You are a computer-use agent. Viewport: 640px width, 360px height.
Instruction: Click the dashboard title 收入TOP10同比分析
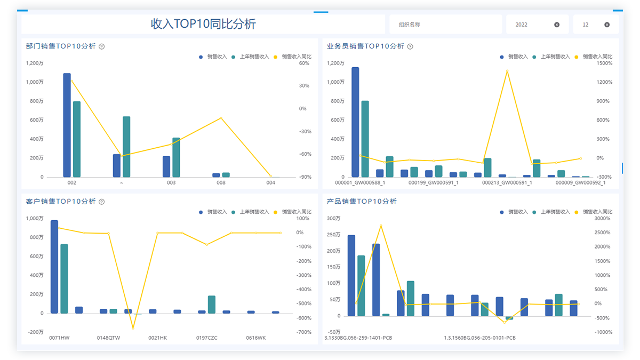click(x=203, y=24)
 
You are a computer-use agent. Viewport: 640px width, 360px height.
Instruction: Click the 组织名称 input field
click(x=445, y=25)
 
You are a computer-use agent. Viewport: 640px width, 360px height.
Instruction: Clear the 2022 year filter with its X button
click(x=557, y=25)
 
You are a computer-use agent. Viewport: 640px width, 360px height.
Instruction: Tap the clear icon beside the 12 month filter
click(x=607, y=25)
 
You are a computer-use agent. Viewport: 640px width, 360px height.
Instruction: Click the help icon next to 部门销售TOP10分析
click(x=102, y=46)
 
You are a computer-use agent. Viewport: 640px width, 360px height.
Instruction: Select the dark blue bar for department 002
click(x=67, y=125)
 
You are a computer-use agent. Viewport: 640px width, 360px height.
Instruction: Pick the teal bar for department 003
click(x=176, y=157)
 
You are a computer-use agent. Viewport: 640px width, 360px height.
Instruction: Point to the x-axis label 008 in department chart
click(x=221, y=182)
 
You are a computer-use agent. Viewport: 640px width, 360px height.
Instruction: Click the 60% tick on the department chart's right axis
click(x=304, y=63)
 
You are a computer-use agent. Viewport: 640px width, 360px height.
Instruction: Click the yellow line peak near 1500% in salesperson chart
click(x=507, y=70)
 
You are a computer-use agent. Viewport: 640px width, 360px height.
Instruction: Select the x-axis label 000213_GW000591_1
click(x=507, y=182)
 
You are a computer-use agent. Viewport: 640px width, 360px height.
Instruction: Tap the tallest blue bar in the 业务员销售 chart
click(x=355, y=122)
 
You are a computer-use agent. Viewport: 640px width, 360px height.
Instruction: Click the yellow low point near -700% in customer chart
click(x=133, y=327)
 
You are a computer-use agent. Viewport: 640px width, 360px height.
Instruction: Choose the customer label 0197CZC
click(x=206, y=338)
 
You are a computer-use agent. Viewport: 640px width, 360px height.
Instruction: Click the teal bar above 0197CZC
click(x=212, y=305)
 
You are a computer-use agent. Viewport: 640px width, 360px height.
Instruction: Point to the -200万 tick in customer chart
click(x=35, y=332)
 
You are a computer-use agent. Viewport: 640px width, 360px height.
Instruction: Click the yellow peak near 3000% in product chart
click(x=381, y=226)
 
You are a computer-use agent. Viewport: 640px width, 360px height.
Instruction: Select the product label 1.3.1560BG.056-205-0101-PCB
click(x=479, y=338)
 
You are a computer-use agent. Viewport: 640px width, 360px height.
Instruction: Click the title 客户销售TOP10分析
click(x=61, y=202)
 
